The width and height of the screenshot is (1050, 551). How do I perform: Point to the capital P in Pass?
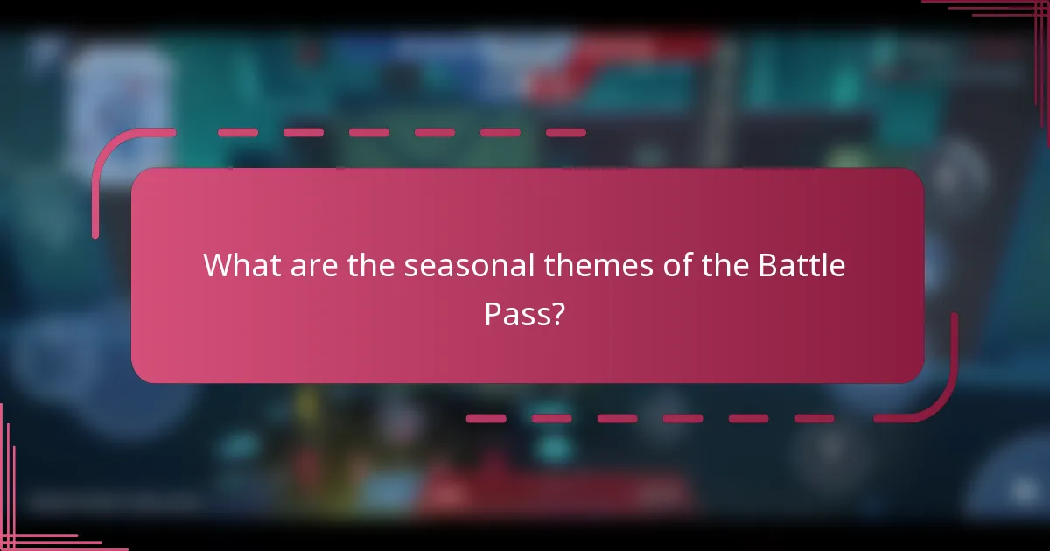(x=493, y=314)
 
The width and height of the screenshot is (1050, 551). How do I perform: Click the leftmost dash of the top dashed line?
(x=237, y=133)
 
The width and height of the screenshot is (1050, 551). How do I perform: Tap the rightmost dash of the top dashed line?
(x=565, y=133)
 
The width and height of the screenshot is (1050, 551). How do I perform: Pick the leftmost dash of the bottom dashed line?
(x=486, y=419)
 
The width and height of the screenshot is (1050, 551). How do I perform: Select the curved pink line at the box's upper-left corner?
(x=109, y=157)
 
